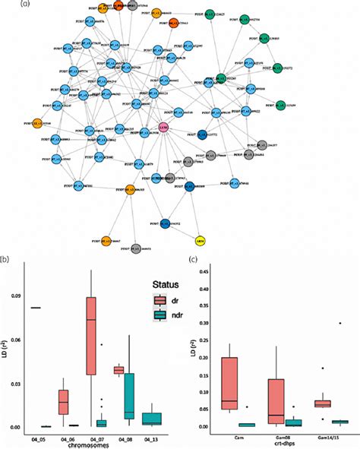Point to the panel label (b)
(x=5, y=259)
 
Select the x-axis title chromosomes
(x=91, y=445)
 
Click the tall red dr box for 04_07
(x=91, y=334)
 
